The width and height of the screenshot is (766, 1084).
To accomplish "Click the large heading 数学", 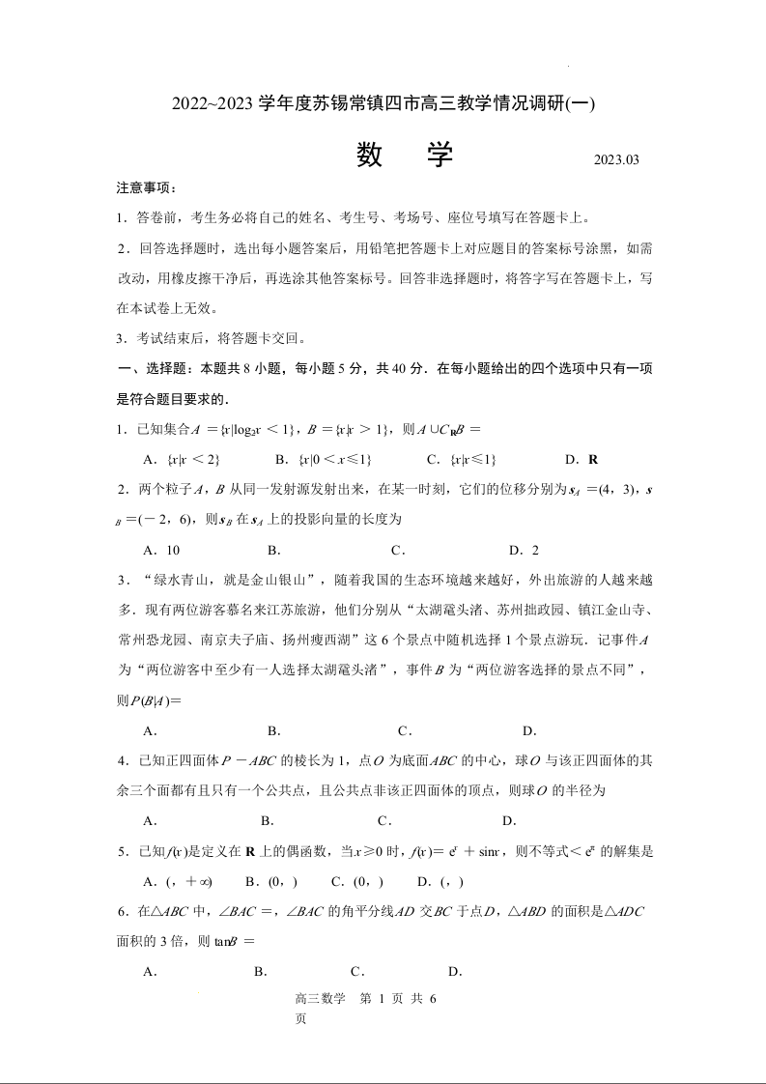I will pos(405,155).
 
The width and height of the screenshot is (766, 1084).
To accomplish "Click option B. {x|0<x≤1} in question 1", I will pos(324,459).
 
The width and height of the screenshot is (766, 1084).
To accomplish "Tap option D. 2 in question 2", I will pos(524,550).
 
